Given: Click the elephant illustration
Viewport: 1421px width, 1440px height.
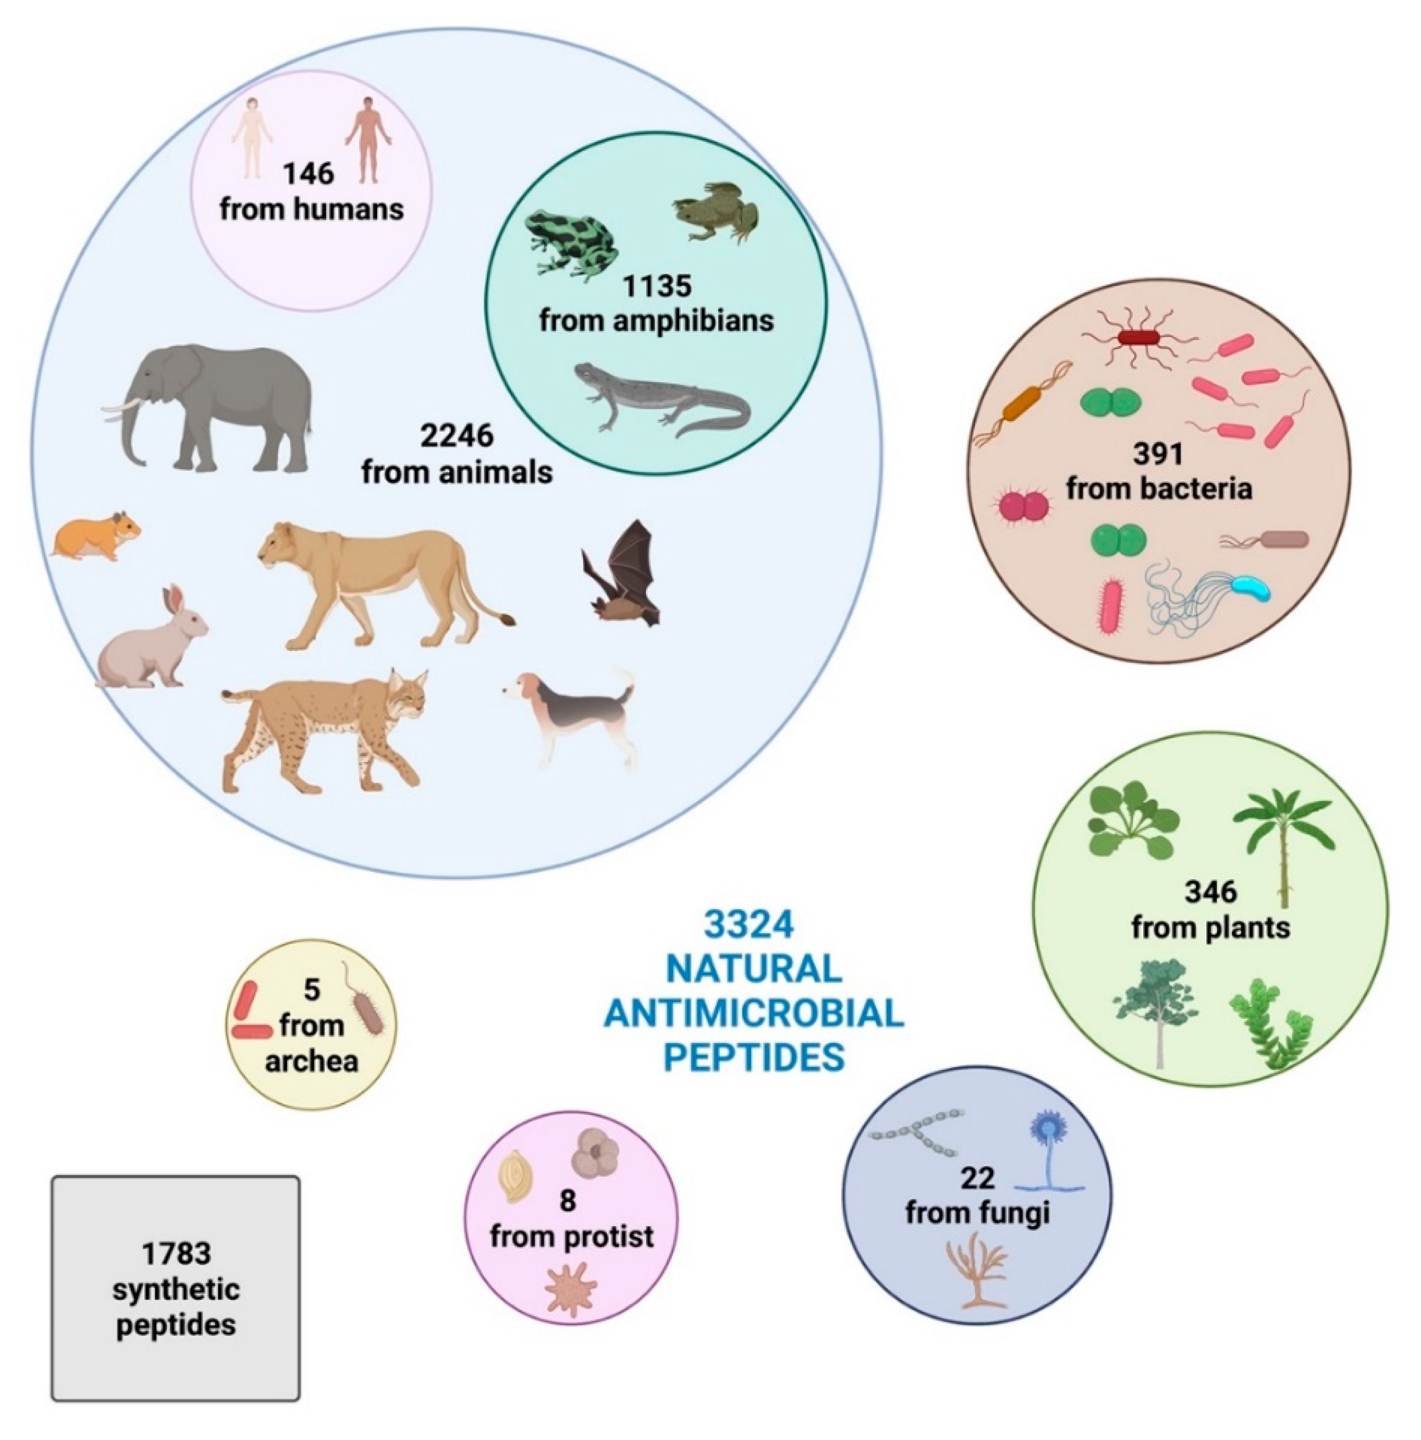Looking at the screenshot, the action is click(x=212, y=406).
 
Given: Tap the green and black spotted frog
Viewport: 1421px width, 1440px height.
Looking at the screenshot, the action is click(x=570, y=243).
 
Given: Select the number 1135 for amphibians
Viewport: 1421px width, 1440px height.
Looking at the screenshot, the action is click(x=657, y=285).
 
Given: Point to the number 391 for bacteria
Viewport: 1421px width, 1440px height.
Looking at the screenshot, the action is click(x=1158, y=453).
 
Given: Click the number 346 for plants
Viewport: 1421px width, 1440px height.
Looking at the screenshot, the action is click(x=1209, y=891).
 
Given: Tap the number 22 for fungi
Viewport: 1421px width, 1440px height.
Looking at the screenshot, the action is click(x=977, y=1178).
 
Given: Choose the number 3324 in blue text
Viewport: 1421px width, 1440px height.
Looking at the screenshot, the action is click(x=749, y=925).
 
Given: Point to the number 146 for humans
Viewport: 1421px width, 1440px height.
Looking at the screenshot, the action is click(x=308, y=174).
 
